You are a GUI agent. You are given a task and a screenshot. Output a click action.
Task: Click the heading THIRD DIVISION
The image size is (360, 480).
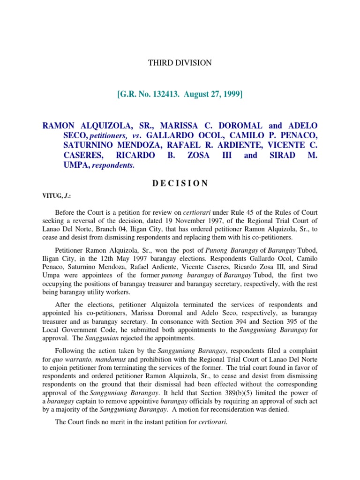click(180, 63)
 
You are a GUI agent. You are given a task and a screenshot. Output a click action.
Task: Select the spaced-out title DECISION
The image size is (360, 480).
click(180, 183)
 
